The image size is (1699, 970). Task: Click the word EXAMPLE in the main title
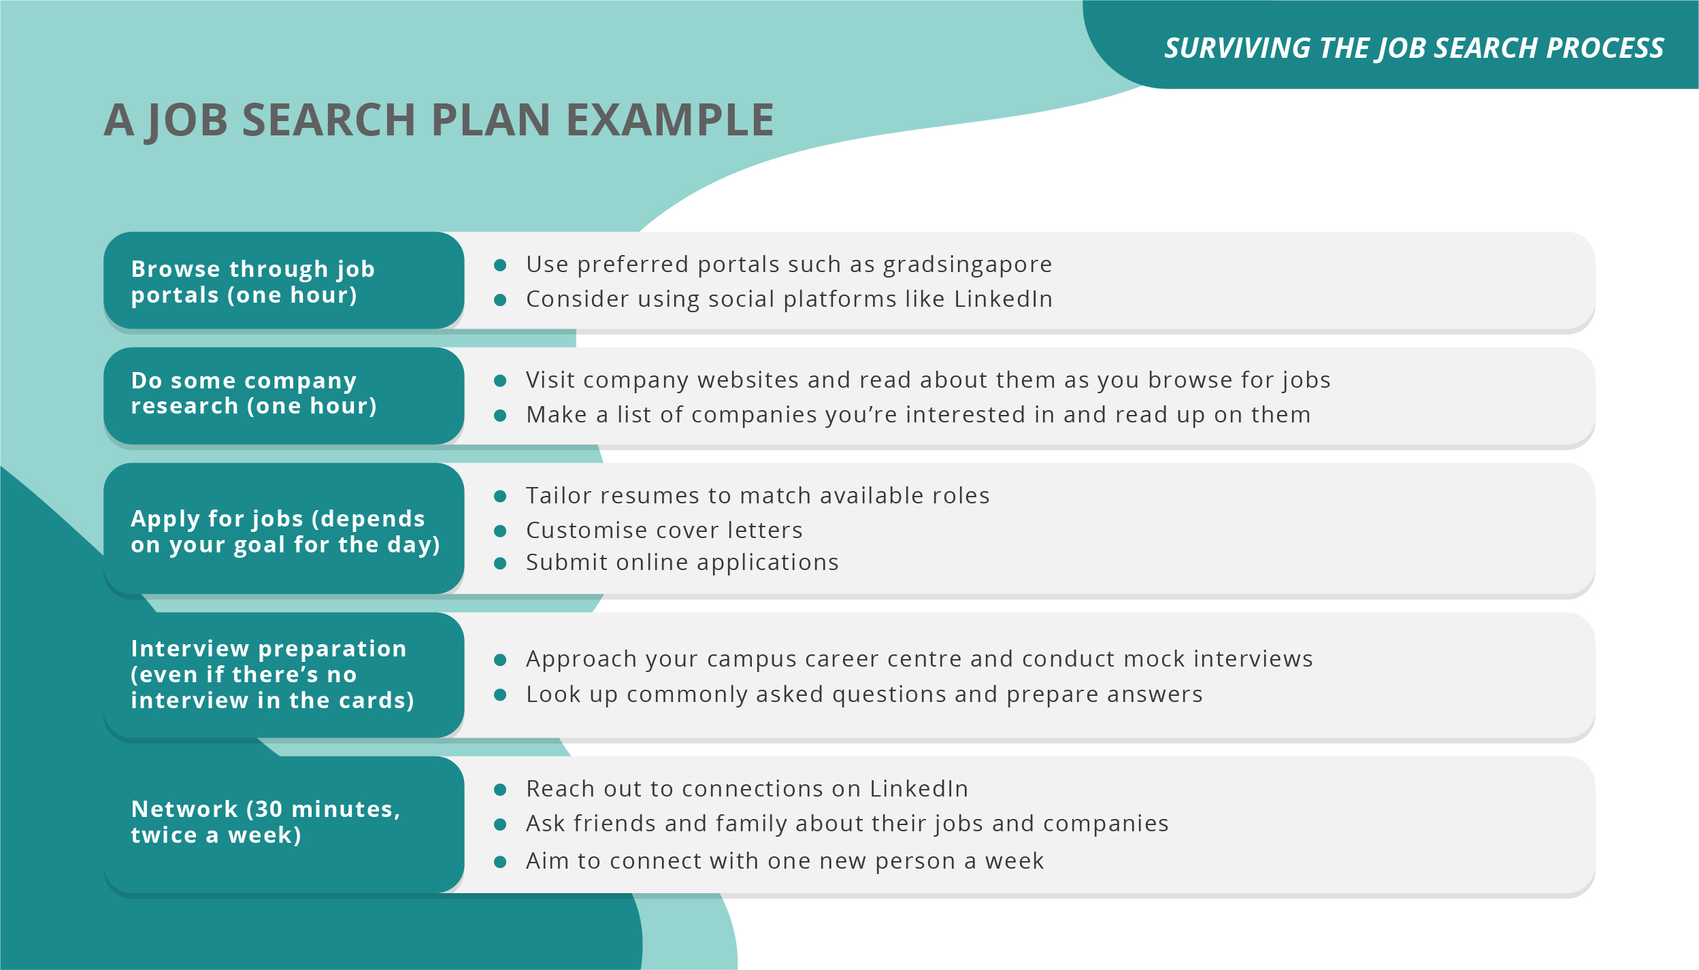[670, 120]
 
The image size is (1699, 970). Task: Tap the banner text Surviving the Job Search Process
[1413, 48]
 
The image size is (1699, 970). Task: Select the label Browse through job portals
[252, 282]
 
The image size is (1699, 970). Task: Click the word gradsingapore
[967, 264]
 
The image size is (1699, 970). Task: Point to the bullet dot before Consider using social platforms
[500, 300]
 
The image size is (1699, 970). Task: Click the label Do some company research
[253, 393]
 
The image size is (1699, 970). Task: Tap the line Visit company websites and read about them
[927, 380]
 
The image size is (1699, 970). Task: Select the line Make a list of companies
[918, 414]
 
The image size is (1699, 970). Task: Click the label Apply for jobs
[285, 531]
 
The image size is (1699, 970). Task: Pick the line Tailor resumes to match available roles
[757, 495]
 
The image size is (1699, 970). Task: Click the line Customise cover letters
[664, 530]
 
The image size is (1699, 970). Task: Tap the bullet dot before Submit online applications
[500, 563]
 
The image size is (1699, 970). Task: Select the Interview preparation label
[272, 674]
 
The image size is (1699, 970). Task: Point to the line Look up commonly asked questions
[864, 694]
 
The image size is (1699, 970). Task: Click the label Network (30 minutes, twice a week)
[265, 822]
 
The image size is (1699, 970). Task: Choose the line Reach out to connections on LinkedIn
[746, 788]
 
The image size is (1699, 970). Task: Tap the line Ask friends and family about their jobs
[846, 823]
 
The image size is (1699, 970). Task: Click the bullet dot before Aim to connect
[500, 862]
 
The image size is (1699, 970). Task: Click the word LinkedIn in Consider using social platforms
[1003, 299]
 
